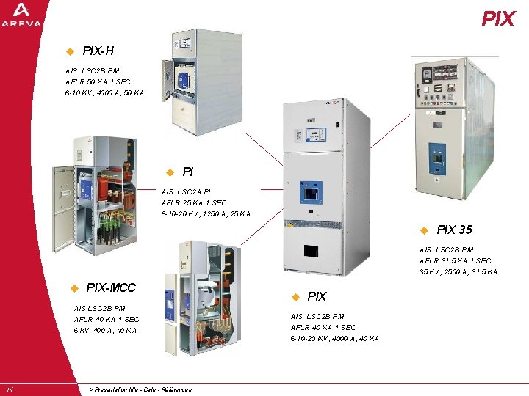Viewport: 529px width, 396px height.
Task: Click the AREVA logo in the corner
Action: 21,15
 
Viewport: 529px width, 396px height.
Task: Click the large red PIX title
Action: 498,19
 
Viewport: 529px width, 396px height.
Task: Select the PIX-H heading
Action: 98,51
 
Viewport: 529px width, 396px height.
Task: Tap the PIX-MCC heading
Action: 111,287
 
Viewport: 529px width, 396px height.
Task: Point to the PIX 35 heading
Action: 454,230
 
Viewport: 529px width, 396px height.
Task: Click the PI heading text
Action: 188,172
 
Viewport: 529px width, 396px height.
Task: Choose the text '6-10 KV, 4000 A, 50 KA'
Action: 104,93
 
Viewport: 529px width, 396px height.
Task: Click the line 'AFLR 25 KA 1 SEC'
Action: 194,202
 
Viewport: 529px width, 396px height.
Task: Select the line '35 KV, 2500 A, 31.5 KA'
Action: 458,272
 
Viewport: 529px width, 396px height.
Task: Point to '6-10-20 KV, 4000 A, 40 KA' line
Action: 335,338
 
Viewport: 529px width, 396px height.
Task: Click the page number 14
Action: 9,389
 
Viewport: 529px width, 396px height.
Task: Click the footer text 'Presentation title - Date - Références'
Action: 140,389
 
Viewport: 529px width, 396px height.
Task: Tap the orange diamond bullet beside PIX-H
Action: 70,52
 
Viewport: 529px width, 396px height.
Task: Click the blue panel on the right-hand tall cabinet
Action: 437,157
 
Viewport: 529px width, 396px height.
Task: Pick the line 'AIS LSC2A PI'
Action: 186,191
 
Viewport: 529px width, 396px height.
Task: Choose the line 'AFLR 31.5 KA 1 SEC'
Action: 456,260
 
